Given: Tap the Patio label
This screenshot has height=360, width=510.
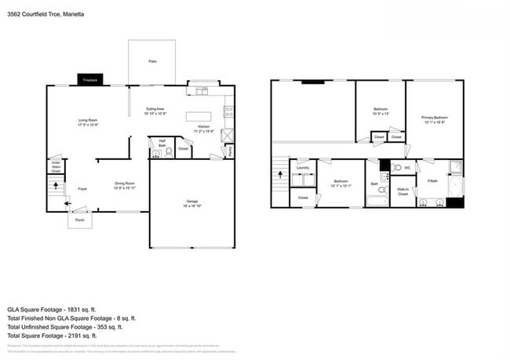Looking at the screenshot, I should [152, 60].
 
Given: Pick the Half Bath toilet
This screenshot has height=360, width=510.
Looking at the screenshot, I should [168, 152].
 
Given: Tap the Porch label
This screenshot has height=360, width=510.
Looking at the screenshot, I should [80, 220].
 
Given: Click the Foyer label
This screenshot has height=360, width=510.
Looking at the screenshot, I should [82, 189].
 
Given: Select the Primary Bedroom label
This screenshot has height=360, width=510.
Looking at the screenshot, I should [435, 119].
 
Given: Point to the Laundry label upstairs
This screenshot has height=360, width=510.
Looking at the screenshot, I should [302, 167].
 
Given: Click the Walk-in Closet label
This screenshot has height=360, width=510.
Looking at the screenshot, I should [403, 191].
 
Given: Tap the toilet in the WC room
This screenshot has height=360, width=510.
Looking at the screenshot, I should [398, 168].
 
